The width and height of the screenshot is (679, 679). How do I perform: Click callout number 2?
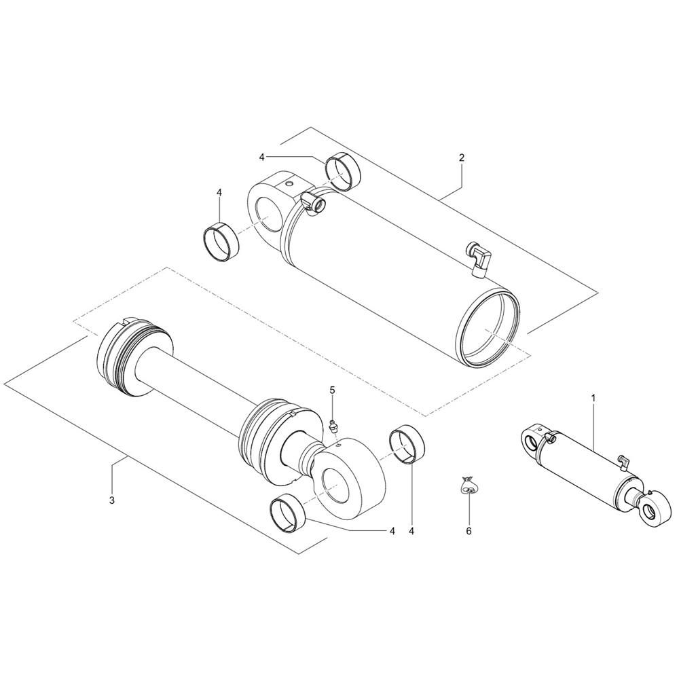462,158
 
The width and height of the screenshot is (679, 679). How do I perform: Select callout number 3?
112,500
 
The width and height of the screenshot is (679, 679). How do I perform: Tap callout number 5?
333,390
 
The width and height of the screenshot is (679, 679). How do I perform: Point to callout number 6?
469,531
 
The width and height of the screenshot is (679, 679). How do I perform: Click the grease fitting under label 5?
333,426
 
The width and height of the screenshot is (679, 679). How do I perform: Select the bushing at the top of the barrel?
343,172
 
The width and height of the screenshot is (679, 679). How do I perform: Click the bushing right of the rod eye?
407,444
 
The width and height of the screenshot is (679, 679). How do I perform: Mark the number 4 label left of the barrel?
219,192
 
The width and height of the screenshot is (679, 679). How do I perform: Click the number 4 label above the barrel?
261,157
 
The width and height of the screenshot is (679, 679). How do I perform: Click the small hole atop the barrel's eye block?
290,184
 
